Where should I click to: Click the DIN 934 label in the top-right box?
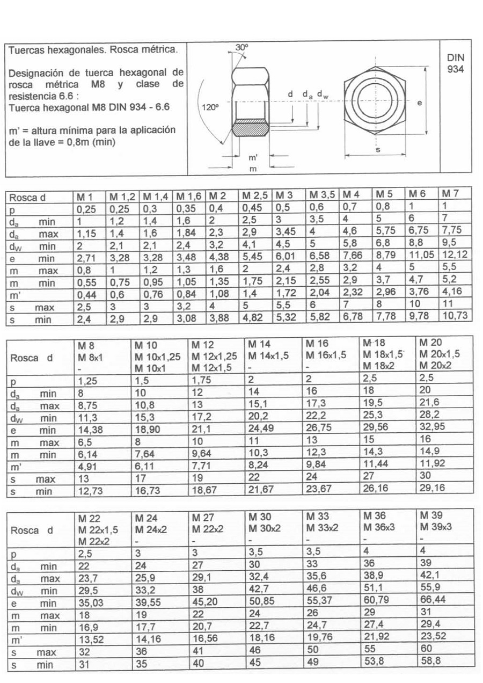click(x=455, y=63)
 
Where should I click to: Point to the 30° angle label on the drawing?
click(x=242, y=48)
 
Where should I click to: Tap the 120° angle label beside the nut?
click(x=210, y=107)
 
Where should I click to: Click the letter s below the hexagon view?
click(x=377, y=150)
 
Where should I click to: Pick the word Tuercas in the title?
click(x=26, y=50)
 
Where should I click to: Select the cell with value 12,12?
click(x=455, y=257)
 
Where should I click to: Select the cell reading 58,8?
click(x=430, y=662)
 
